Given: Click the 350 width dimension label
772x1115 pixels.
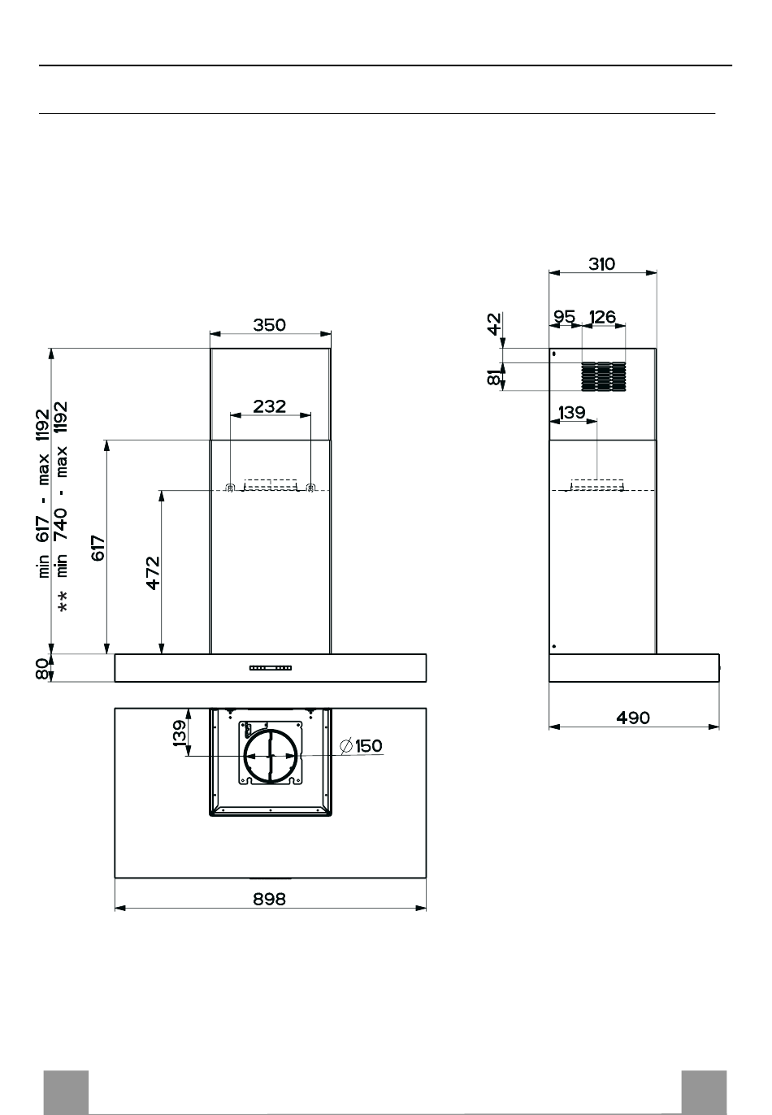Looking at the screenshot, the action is point(269,325).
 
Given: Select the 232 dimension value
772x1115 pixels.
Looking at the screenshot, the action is point(269,406).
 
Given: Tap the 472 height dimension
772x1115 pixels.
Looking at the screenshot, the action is point(153,573).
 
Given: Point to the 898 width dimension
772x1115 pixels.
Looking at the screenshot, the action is point(269,899).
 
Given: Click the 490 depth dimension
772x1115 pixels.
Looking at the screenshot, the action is point(632,718).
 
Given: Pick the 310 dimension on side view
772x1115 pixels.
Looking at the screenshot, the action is point(602,264).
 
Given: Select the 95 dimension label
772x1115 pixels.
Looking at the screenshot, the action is point(565,317).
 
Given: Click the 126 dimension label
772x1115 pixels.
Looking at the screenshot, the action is point(602,317).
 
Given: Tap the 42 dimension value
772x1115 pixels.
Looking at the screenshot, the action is point(493,324).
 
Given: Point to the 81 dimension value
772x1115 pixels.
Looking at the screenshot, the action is point(493,377).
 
